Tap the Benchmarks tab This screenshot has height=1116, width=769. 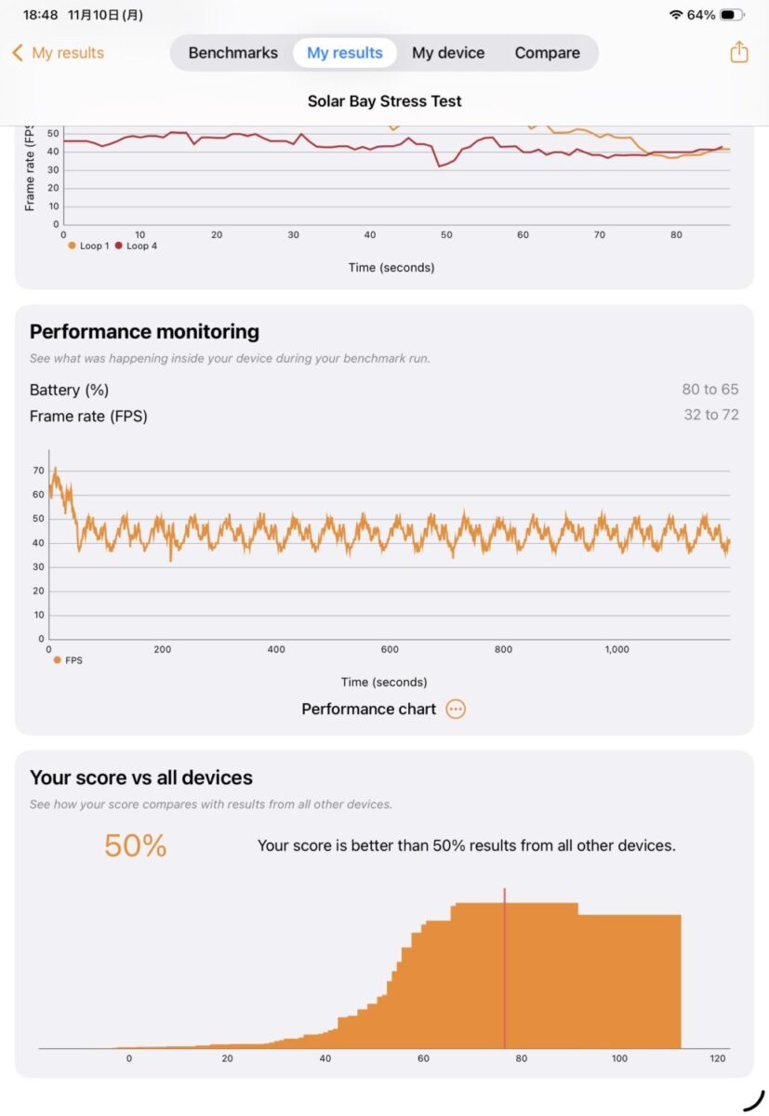coord(232,53)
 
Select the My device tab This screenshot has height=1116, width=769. coord(448,53)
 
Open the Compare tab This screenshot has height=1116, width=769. coord(547,53)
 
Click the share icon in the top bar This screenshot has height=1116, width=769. coord(739,52)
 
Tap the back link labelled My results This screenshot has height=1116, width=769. coord(59,53)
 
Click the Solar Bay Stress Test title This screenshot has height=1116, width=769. coord(384,101)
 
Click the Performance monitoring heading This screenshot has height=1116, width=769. coord(144,332)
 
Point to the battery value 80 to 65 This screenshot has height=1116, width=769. coord(710,390)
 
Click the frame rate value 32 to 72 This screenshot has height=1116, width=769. coord(711,415)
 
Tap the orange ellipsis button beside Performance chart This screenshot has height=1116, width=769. coord(456,709)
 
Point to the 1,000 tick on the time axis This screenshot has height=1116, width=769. coord(617,649)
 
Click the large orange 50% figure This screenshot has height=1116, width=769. coord(135,845)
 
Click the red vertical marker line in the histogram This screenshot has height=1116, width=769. coord(505,967)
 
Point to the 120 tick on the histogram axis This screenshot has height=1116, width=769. coord(717,1058)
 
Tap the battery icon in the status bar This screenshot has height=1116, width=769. coord(733,15)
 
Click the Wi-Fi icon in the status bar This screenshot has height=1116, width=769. coord(675,15)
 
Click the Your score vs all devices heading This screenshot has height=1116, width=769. coord(141,777)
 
